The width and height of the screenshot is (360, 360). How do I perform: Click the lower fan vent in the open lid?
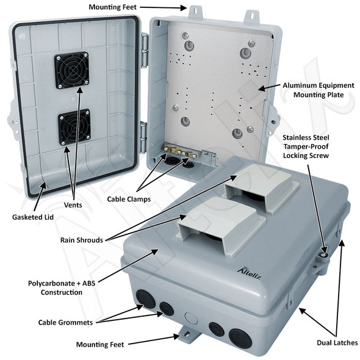pyautogui.click(x=74, y=127)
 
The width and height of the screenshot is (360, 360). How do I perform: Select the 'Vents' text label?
pyautogui.click(x=73, y=205)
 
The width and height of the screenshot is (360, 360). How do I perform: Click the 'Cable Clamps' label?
pyautogui.click(x=129, y=199)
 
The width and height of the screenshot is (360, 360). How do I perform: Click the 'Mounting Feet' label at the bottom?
pyautogui.click(x=101, y=345)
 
